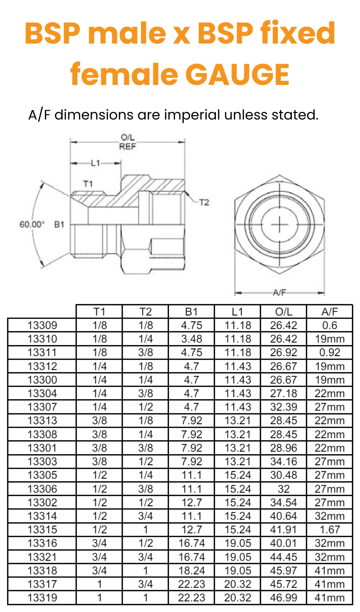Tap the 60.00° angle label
pyautogui.click(x=32, y=224)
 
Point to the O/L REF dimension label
pyautogui.click(x=127, y=142)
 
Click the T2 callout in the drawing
pyautogui.click(x=204, y=202)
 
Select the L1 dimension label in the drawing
pyautogui.click(x=95, y=163)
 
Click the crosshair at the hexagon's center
pyautogui.click(x=279, y=225)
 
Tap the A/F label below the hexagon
pyautogui.click(x=279, y=292)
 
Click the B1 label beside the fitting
pyautogui.click(x=59, y=224)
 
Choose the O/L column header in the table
pyautogui.click(x=283, y=311)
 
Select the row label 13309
pyautogui.click(x=42, y=325)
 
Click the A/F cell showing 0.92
pyautogui.click(x=329, y=352)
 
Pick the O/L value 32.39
pyautogui.click(x=283, y=407)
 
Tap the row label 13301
pyautogui.click(x=42, y=448)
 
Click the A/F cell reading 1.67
pyautogui.click(x=329, y=530)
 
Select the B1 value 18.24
pyautogui.click(x=192, y=571)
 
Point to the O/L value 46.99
pyautogui.click(x=283, y=598)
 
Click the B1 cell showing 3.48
pyautogui.click(x=192, y=339)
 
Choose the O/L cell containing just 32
pyautogui.click(x=283, y=489)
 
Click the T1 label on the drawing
pyautogui.click(x=88, y=184)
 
